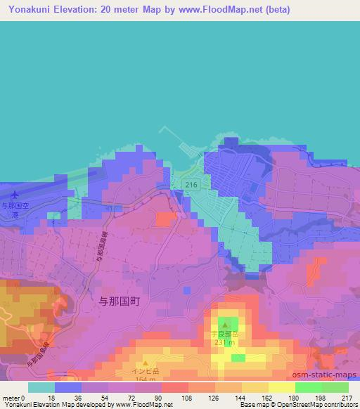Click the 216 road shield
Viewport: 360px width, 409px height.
pyautogui.click(x=190, y=184)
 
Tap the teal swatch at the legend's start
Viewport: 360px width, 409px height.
pyautogui.click(x=41, y=387)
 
